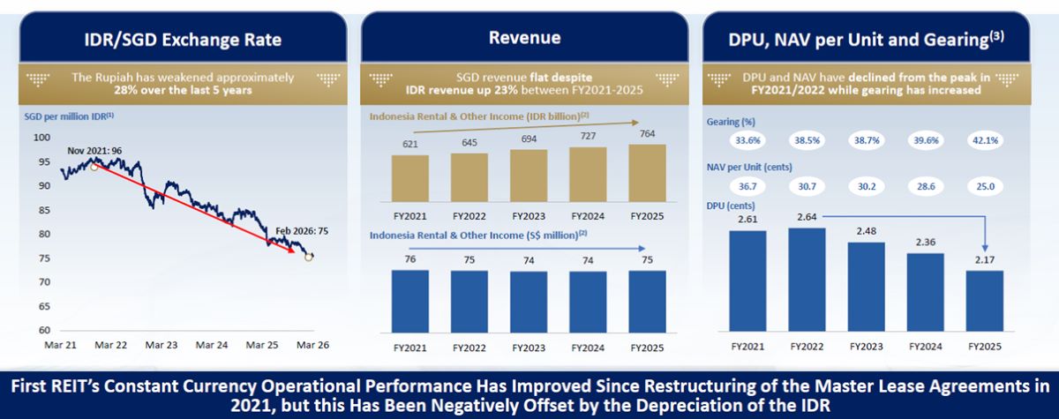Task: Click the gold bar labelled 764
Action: (x=648, y=174)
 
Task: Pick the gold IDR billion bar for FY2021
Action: (x=409, y=179)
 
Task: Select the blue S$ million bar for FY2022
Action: (x=469, y=300)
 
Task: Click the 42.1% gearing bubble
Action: (x=983, y=139)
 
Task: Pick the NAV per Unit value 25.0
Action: (x=983, y=187)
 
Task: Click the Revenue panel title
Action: (x=524, y=38)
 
